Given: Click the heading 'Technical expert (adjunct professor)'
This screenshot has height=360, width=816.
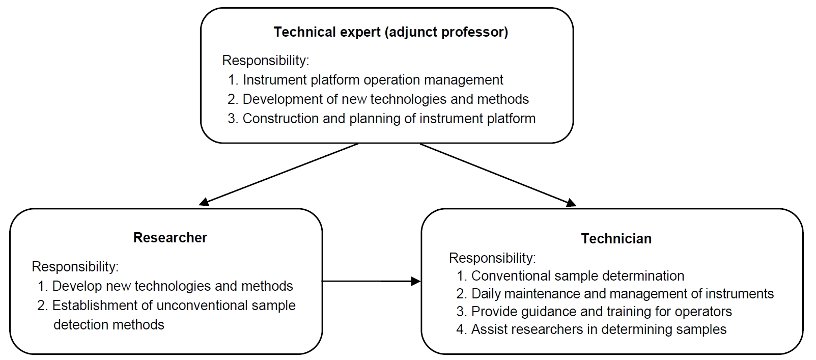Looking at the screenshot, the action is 391,32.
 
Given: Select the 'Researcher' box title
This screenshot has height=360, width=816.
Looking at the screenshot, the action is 170,238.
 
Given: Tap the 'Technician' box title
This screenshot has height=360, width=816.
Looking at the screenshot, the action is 616,239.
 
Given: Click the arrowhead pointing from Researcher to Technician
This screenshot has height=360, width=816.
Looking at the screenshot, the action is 416,281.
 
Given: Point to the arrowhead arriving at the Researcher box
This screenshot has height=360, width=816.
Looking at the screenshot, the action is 204,202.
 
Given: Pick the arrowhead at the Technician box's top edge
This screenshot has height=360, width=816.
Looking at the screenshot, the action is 571,203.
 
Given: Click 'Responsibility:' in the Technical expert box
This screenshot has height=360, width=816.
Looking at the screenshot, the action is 266,61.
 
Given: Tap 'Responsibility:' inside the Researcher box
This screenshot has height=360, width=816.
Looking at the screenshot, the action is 75,267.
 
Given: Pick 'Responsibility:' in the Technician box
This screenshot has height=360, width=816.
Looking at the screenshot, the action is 492,258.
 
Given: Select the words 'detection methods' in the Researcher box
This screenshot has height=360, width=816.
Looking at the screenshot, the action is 108,325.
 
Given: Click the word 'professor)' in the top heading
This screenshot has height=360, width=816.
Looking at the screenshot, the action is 474,32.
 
